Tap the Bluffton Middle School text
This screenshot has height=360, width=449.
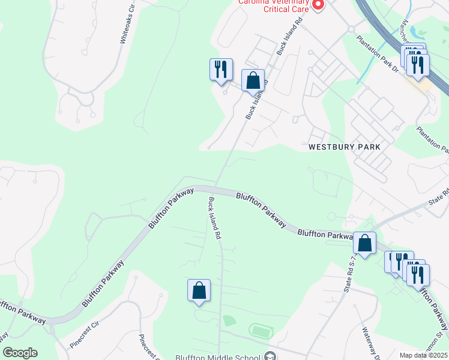point(218,357)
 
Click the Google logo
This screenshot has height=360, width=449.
point(20,353)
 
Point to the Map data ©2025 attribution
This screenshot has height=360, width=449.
point(423,355)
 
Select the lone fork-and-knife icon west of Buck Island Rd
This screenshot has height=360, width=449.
point(221,70)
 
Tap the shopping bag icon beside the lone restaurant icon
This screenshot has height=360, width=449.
point(253,80)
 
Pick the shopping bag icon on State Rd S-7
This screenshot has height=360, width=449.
point(364,243)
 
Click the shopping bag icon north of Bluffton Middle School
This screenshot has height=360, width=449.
point(199,291)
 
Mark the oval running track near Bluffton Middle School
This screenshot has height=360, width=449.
point(261,331)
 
